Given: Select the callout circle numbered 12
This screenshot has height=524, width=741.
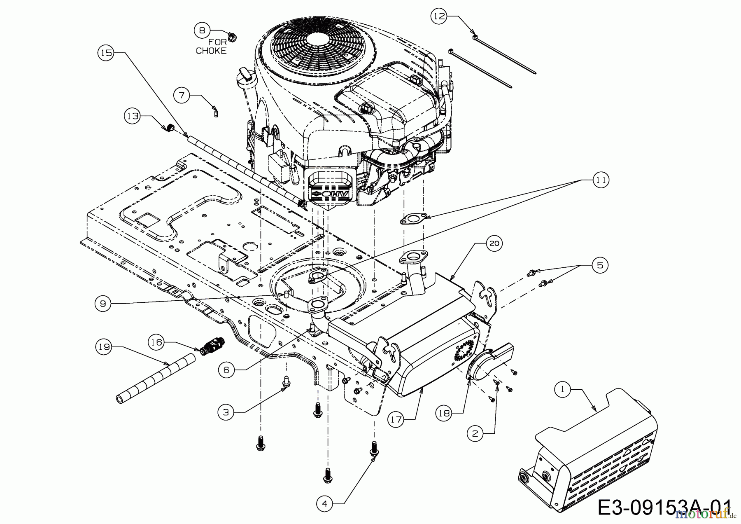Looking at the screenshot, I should click(x=439, y=16).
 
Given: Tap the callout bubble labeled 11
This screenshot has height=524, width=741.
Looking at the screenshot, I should click(x=601, y=180).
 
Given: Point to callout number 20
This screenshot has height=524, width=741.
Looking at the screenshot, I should click(x=494, y=243).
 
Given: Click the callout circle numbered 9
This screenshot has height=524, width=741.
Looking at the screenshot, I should click(x=103, y=304).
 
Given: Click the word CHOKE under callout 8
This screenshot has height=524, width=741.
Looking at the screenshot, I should click(x=211, y=51).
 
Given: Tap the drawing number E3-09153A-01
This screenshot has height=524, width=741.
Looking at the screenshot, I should click(x=664, y=507).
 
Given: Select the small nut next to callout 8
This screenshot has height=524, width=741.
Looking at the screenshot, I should click(x=231, y=37).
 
